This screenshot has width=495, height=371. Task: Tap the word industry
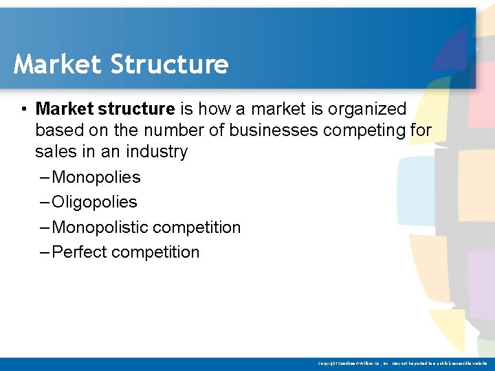159,151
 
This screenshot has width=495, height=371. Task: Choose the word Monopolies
96,177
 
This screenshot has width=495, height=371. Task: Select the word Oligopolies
94,202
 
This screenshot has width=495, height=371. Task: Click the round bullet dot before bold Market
23,109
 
